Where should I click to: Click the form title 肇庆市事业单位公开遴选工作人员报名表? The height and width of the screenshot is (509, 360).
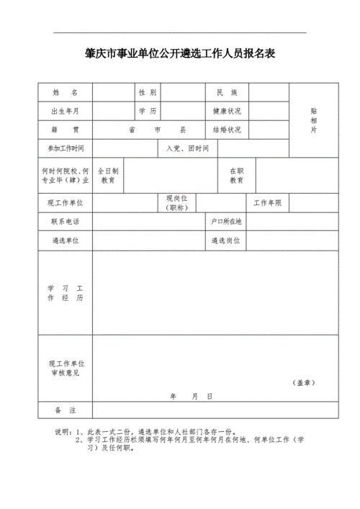[x=180, y=54]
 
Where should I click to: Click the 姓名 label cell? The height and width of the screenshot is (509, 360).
[x=65, y=93]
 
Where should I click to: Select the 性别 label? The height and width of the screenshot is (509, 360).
[x=147, y=93]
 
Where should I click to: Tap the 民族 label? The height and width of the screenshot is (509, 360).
[x=226, y=93]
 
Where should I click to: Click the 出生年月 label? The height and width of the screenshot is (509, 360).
[x=65, y=111]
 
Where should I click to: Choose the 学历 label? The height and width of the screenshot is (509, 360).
[x=147, y=111]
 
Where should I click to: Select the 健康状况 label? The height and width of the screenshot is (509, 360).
[x=226, y=111]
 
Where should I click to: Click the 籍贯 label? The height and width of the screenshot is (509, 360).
[x=65, y=130]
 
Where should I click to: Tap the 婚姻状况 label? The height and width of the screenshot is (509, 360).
[x=226, y=130]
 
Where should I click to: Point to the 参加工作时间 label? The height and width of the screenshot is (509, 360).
[x=65, y=148]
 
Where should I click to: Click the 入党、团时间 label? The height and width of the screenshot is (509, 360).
[x=187, y=148]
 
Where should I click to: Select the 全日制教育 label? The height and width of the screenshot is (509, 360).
[x=108, y=176]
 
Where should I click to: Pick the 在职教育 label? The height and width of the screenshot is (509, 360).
[x=236, y=176]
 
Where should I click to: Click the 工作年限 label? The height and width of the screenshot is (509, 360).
[x=267, y=203]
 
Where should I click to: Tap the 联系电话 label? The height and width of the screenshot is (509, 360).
[x=65, y=222]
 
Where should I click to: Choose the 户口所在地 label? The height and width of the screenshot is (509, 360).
[x=226, y=222]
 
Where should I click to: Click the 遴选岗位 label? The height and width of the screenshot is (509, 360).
[x=226, y=240]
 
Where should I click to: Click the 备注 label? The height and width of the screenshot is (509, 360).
[x=65, y=410]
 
